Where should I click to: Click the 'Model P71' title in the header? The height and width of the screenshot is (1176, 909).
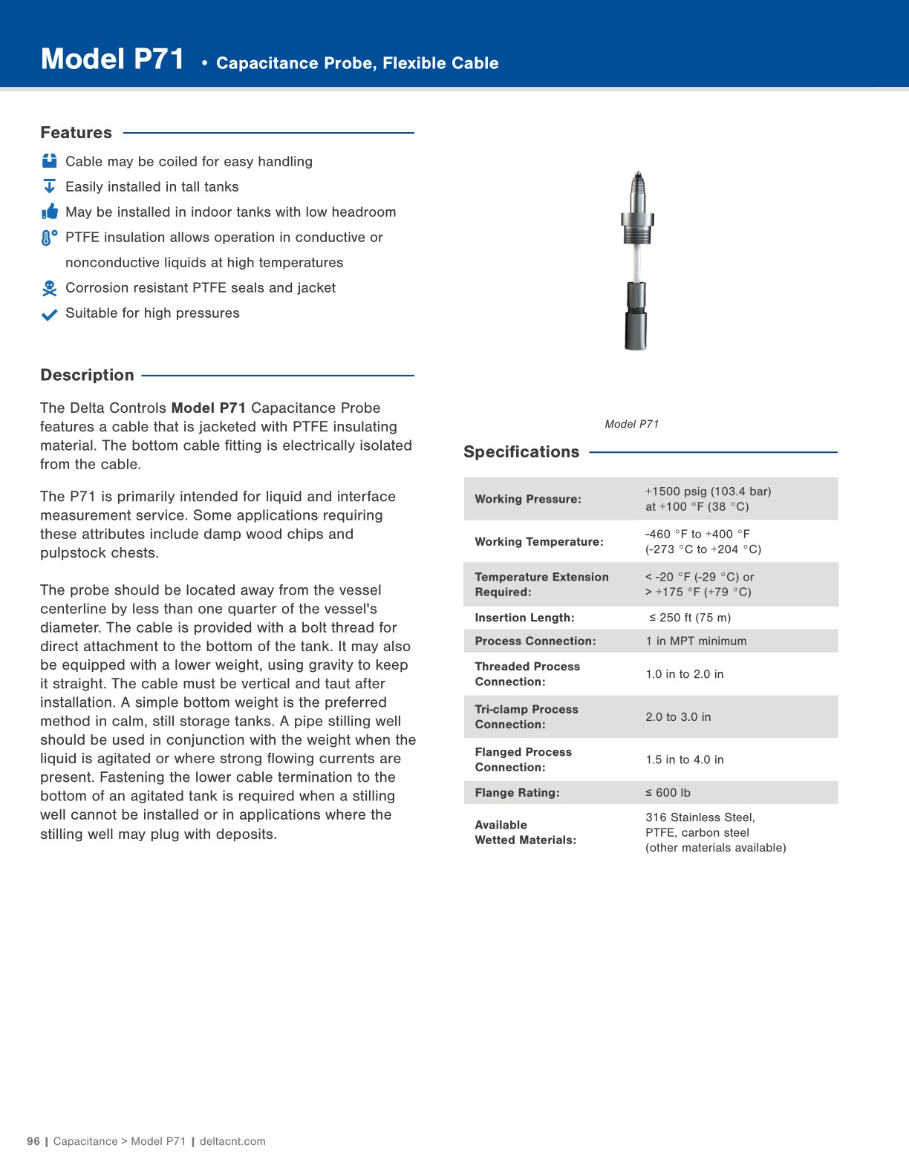tap(112, 59)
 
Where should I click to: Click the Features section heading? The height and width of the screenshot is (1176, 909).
tap(76, 133)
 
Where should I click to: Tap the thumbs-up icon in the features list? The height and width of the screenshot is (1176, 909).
tap(50, 212)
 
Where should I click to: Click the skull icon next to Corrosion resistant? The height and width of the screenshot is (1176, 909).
tap(49, 288)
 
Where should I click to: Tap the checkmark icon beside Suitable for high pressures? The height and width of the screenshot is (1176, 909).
tap(49, 314)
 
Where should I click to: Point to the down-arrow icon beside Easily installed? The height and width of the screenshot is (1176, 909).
tap(49, 186)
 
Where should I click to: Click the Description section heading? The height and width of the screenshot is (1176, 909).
tap(87, 375)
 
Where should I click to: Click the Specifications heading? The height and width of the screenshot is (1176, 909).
tap(521, 451)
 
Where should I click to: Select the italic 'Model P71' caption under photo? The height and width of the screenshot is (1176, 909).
tap(631, 424)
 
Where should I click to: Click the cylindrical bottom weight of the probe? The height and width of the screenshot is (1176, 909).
tap(636, 317)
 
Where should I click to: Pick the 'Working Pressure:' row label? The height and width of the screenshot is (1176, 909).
tap(527, 499)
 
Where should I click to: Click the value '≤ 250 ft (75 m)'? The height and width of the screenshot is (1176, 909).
tap(689, 618)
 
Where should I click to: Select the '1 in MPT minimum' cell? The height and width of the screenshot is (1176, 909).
tap(696, 641)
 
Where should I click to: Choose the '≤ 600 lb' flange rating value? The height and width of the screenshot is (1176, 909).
tap(668, 792)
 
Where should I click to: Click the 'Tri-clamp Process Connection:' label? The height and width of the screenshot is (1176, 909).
tap(526, 716)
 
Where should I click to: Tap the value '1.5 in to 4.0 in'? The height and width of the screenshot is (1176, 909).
tap(684, 759)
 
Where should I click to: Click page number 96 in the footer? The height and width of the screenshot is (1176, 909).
tap(33, 1141)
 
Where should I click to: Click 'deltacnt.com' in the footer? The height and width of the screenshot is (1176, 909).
tap(232, 1141)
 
